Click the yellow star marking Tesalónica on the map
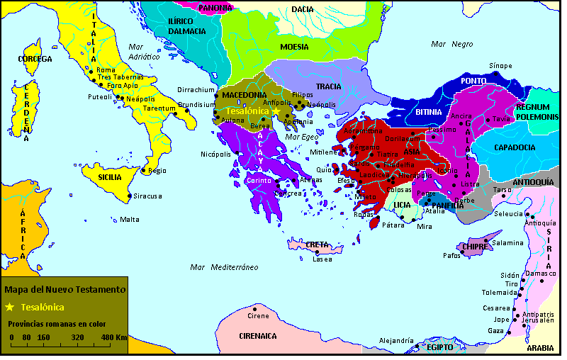275,111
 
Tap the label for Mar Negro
451,44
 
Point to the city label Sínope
500,66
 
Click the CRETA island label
317,244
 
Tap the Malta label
130,219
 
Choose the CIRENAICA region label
257,336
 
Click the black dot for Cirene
254,309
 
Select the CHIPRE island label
474,247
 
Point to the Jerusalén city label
538,320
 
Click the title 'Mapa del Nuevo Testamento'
64,289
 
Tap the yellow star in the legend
10,307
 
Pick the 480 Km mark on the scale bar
114,337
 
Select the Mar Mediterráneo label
224,267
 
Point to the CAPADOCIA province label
514,147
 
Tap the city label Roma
105,70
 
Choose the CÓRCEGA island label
35,59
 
